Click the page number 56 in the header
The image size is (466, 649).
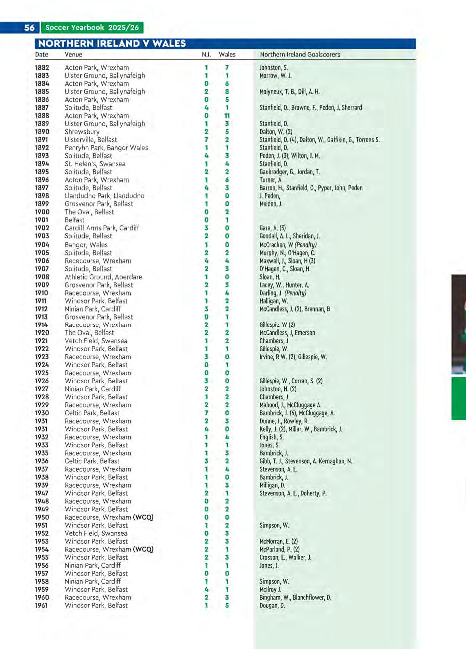(29, 28)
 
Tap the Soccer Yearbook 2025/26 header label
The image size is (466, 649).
(92, 28)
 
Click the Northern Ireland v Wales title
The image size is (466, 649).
(112, 43)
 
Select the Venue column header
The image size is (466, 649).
(73, 54)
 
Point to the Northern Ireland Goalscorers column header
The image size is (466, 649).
(300, 54)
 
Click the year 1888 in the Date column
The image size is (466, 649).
(42, 116)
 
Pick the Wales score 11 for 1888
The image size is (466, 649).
(227, 116)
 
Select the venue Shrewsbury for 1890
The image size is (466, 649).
(82, 132)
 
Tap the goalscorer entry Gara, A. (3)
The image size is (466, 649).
(273, 228)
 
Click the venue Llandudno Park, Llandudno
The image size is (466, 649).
(104, 196)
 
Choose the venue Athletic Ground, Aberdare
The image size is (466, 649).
(103, 277)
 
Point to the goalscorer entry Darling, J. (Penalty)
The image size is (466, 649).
(283, 293)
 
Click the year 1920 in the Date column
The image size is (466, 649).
(42, 333)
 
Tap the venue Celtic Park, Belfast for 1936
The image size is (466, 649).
(92, 461)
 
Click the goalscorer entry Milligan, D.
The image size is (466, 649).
(272, 485)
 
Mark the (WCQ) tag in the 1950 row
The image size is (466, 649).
(143, 517)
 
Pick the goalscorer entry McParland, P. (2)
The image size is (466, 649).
(279, 549)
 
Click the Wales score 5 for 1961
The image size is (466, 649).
(227, 606)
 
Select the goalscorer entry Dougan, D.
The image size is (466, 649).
(272, 606)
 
